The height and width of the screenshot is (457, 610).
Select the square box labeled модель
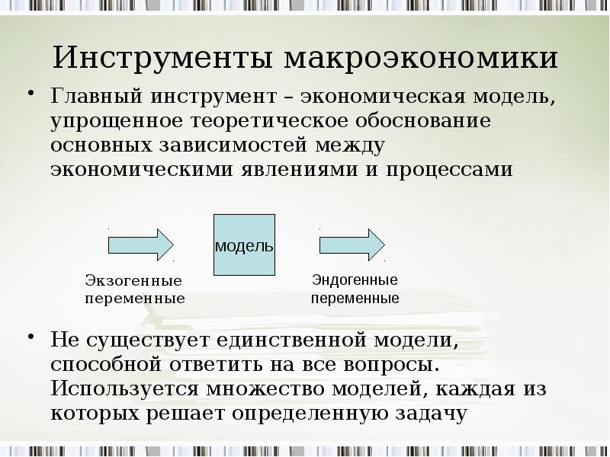pos(244,245)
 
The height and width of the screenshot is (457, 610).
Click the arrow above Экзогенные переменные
pos(141,244)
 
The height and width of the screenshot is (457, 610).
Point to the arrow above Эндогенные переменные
pos(352,244)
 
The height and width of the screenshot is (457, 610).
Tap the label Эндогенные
pos(355,280)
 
